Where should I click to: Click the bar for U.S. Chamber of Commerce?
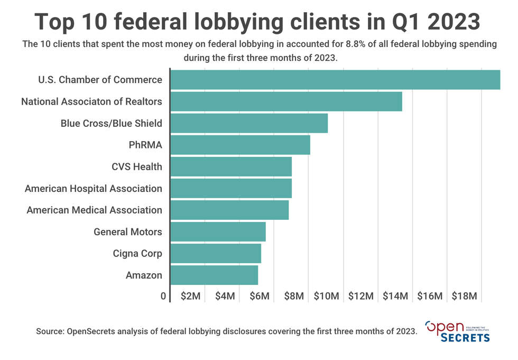[x=335, y=80]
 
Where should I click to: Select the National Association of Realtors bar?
[x=286, y=101]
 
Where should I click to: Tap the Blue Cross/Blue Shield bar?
[x=249, y=123]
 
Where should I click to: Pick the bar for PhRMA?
[x=240, y=145]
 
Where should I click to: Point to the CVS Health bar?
[x=231, y=167]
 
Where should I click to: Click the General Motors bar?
[x=218, y=232]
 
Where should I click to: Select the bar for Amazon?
[x=214, y=275]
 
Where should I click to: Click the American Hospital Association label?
[x=94, y=188]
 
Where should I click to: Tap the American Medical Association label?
[x=95, y=210]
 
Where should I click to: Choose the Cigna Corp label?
[x=137, y=253]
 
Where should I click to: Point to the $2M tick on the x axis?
[x=190, y=296]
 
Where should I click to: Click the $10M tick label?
[x=326, y=296]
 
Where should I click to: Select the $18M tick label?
[x=465, y=296]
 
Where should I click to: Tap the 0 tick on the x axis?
[x=164, y=296]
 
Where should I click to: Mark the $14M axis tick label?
[x=395, y=296]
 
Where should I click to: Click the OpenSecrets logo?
[x=457, y=331]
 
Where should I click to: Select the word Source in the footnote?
[x=50, y=331]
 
